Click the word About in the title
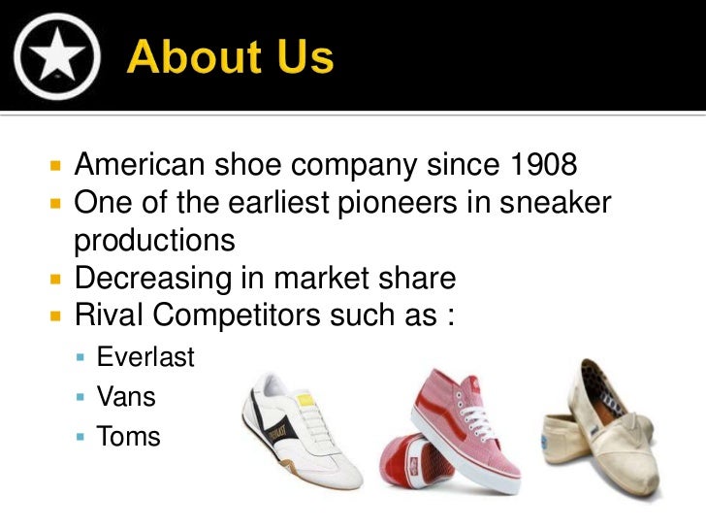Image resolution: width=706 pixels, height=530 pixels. (193, 58)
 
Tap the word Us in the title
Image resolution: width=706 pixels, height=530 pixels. (301, 58)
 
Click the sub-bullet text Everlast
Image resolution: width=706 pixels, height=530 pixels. (145, 358)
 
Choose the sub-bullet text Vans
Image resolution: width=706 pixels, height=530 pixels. (126, 397)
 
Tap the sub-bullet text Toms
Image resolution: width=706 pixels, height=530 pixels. (128, 437)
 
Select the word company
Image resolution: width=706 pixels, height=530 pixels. (362, 166)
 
